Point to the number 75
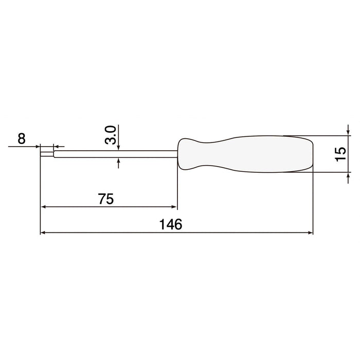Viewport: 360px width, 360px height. pyautogui.click(x=105, y=199)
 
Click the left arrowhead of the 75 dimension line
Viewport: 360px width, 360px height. pyautogui.click(x=44, y=207)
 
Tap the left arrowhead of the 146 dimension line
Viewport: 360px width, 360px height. pyautogui.click(x=44, y=233)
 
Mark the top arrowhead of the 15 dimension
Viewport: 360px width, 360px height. pyautogui.click(x=349, y=133)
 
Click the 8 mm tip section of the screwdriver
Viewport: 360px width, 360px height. pyautogui.click(x=47, y=153)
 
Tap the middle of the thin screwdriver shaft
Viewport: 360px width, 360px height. pyautogui.click(x=116, y=153)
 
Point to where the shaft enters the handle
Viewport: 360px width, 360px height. pyautogui.click(x=177, y=153)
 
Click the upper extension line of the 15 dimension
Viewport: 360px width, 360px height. pyautogui.click(x=324, y=136)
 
